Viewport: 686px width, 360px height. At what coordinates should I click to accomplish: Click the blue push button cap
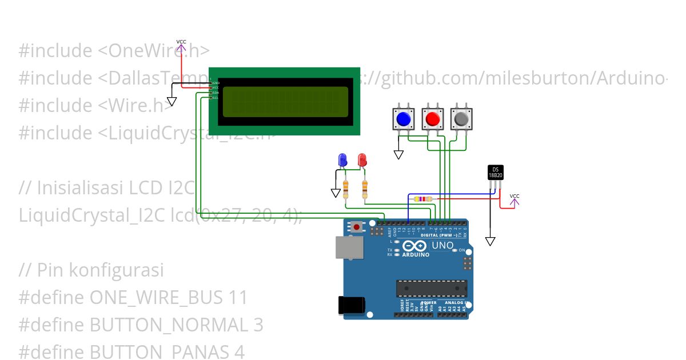pos(404,119)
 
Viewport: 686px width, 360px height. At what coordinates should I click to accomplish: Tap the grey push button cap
pos(461,119)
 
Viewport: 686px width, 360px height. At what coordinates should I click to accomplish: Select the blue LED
pos(342,159)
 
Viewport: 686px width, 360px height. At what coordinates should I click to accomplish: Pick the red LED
pos(362,159)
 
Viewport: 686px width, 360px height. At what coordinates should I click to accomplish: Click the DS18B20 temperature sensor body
pos(495,172)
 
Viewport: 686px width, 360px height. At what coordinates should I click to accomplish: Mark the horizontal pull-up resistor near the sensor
pos(423,199)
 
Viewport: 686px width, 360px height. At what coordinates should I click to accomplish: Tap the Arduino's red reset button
pos(357,227)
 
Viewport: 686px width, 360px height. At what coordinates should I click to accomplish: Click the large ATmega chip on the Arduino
pos(432,289)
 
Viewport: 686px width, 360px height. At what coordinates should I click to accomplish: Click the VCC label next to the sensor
pos(514,196)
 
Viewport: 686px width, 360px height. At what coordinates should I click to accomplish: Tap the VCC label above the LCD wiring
pos(181,42)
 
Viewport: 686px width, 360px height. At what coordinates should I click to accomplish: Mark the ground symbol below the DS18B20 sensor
pos(490,241)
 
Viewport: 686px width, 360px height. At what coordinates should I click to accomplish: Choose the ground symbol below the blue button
pos(398,154)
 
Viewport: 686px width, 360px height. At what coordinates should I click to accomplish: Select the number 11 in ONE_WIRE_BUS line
pos(237,298)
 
